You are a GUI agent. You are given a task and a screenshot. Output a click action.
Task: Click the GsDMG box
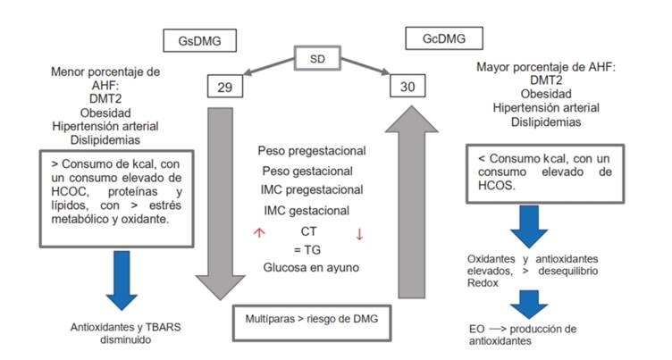pyautogui.click(x=194, y=42)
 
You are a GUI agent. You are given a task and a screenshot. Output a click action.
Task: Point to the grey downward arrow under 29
pyautogui.click(x=218, y=197)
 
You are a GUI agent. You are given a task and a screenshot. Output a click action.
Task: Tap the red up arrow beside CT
pyautogui.click(x=259, y=232)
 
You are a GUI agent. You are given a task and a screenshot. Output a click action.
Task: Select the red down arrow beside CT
pyautogui.click(x=359, y=234)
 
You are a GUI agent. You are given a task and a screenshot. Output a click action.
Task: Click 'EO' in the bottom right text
pyautogui.click(x=478, y=329)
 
